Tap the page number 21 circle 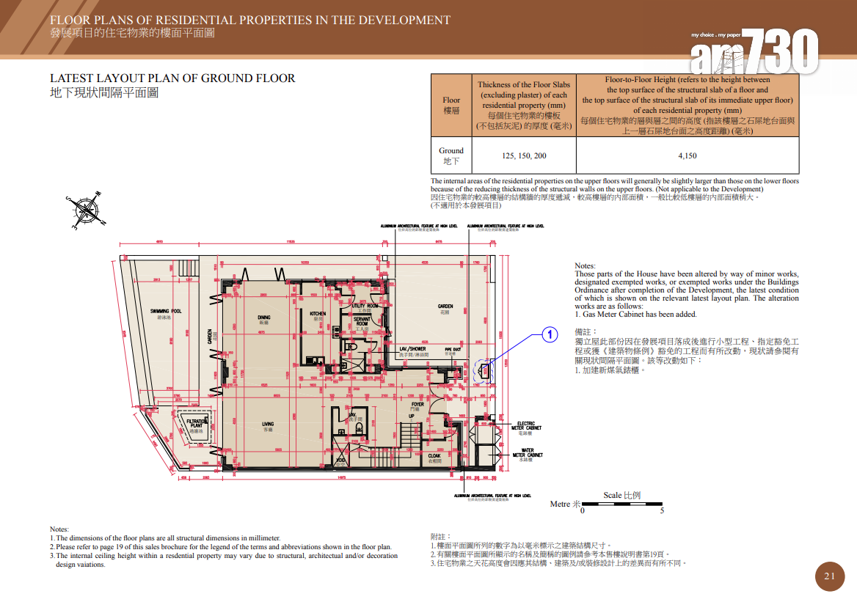[830, 576]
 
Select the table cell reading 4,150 [688, 155]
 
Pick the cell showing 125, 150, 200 [524, 155]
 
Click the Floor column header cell [451, 105]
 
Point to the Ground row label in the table [451, 155]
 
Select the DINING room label [264, 319]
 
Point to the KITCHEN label [318, 315]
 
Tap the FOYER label [417, 405]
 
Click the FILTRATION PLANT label [197, 423]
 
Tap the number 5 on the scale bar [662, 511]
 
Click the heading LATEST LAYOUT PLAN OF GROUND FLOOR [172, 78]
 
